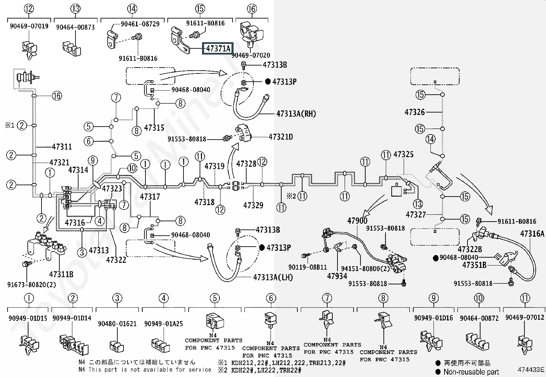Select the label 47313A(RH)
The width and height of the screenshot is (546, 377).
(x=296, y=114)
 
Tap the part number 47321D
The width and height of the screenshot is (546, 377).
(x=281, y=137)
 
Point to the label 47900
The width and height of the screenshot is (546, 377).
(x=357, y=221)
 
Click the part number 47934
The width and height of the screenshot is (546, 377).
(x=337, y=276)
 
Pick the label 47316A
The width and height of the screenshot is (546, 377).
(x=532, y=234)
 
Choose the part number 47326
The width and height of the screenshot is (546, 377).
(x=414, y=112)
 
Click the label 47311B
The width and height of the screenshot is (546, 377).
(x=61, y=274)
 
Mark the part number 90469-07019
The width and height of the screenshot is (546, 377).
(x=29, y=26)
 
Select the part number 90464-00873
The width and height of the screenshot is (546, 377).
(x=75, y=27)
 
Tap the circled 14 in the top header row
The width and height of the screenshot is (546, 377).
(x=132, y=9)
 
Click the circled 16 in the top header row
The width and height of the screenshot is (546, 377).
(x=251, y=9)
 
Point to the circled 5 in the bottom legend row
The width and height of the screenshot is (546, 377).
(x=215, y=298)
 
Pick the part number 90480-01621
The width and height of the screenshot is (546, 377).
(x=117, y=323)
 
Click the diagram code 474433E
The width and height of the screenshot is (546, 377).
(x=531, y=369)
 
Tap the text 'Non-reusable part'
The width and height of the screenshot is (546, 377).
(x=471, y=372)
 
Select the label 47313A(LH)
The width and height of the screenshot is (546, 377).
(x=273, y=277)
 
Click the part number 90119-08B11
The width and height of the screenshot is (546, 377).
(x=308, y=267)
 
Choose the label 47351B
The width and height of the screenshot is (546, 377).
(x=474, y=265)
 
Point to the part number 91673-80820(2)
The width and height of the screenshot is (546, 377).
(x=32, y=285)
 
